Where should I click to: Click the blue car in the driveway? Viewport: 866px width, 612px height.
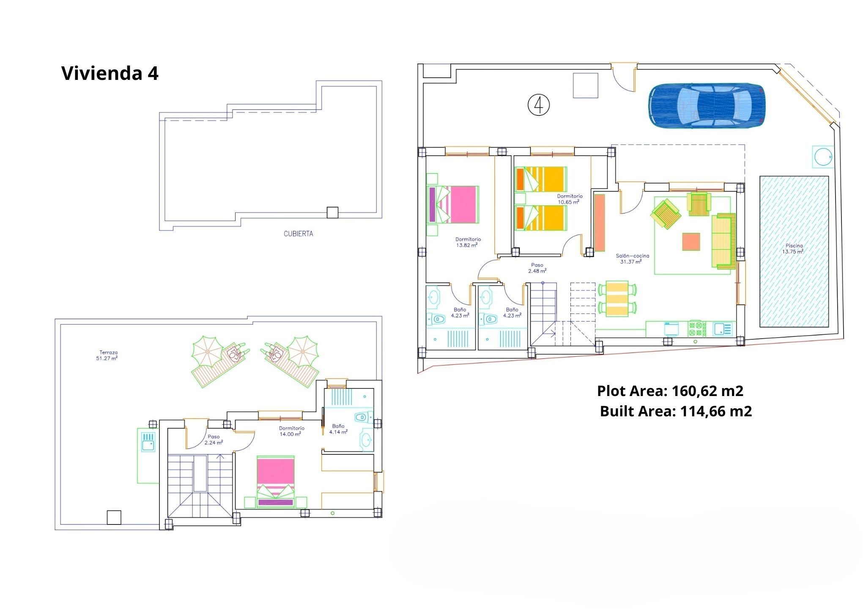pos(707,106)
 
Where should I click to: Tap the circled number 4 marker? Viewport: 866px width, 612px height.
pos(539,105)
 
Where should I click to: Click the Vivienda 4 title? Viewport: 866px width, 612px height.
pos(110,73)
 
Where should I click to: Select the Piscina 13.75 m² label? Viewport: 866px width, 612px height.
pos(794,249)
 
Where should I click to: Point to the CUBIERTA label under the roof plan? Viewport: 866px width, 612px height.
pos(299,233)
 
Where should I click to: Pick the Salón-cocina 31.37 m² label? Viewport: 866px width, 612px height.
pos(632,259)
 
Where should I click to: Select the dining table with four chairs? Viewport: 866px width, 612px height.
pos(617,299)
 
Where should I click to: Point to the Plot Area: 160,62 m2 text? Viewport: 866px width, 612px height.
pos(670,391)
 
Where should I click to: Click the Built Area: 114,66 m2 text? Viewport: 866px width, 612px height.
pos(676,411)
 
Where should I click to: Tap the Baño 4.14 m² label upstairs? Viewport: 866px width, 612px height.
pos(338,429)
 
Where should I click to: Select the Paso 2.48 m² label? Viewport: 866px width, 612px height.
pos(537,268)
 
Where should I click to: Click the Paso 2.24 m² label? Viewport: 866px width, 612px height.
pos(214,440)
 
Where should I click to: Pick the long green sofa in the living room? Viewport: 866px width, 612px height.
pos(724,241)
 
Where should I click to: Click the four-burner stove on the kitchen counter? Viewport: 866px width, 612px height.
pos(698,328)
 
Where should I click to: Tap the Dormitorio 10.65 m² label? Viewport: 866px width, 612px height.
pos(570,199)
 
